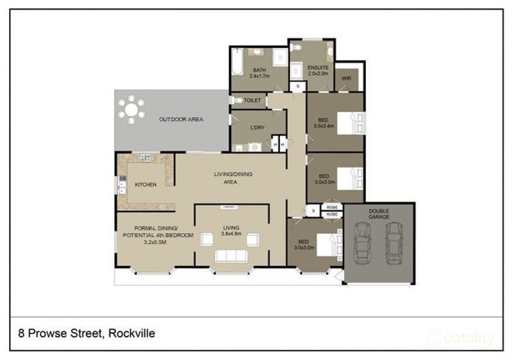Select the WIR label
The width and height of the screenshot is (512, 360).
(x=346, y=78)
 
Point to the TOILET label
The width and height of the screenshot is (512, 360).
(x=252, y=101)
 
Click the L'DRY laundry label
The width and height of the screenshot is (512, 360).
(x=258, y=127)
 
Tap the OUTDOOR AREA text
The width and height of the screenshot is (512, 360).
(x=181, y=119)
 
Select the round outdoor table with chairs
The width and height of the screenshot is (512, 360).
(x=132, y=110)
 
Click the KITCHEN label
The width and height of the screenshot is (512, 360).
(x=145, y=185)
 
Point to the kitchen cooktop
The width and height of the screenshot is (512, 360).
(x=145, y=158)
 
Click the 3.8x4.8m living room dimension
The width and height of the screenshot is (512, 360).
(x=232, y=233)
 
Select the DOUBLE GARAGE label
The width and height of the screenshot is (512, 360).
(x=379, y=214)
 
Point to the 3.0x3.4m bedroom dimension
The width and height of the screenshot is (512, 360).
(x=324, y=126)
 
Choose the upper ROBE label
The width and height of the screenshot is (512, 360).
(x=332, y=208)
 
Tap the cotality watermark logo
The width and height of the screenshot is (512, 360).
(x=461, y=338)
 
